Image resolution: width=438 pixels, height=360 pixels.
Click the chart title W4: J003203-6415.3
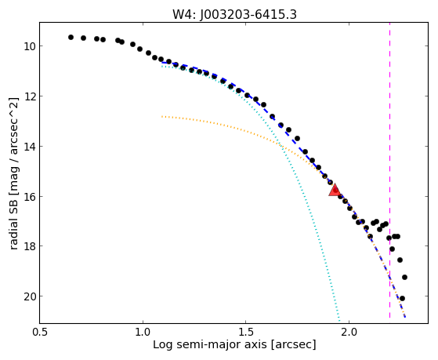coord(234,14)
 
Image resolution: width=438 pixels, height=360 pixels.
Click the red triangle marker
coord(334,191)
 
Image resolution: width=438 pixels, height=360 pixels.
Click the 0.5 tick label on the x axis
coord(40,332)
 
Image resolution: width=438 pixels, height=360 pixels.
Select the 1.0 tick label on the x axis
coord(143,332)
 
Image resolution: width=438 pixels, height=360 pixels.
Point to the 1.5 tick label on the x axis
coord(245,332)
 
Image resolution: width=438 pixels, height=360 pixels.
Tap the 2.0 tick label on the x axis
coord(349,332)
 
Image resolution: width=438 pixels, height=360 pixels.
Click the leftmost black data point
coord(71,37)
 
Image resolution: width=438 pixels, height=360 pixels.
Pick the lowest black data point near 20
coord(402,299)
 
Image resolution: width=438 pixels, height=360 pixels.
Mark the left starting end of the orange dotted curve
coord(162,116)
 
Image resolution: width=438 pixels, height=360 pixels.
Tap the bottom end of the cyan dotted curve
coord(339,321)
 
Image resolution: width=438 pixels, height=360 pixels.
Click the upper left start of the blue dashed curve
coord(162,63)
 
